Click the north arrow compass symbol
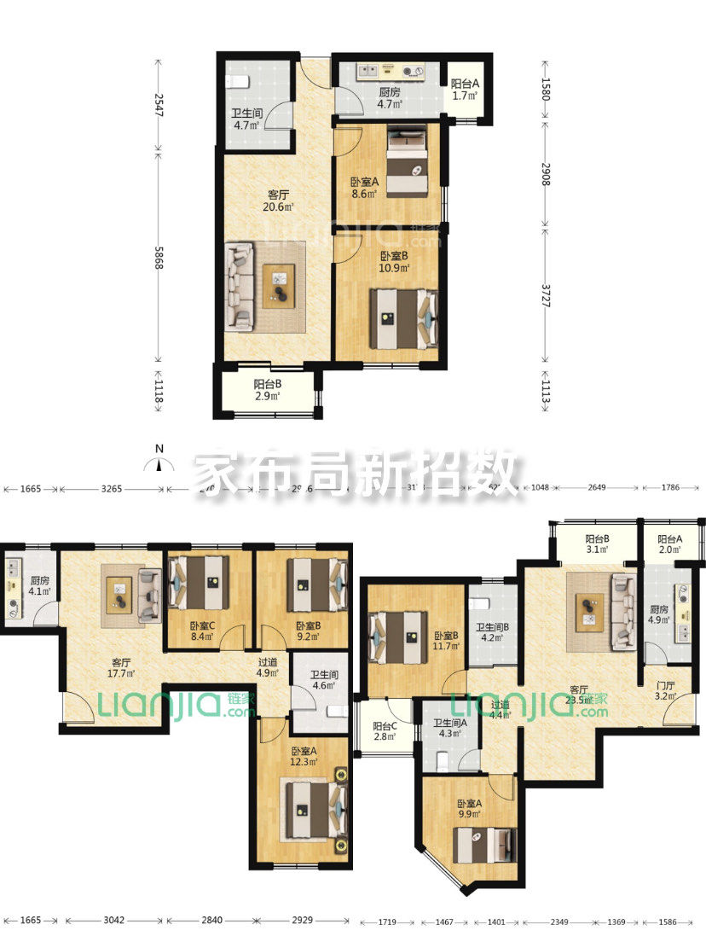tap(158, 464)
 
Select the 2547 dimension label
tap(159, 105)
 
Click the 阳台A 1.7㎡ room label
tap(466, 90)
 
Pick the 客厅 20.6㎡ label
tap(279, 201)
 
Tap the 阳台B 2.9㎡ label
tap(268, 389)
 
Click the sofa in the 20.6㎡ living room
tap(240, 286)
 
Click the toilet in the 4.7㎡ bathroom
tap(238, 82)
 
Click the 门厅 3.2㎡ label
tap(664, 690)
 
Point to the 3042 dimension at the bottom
tap(113, 921)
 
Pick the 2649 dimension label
tap(596, 489)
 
